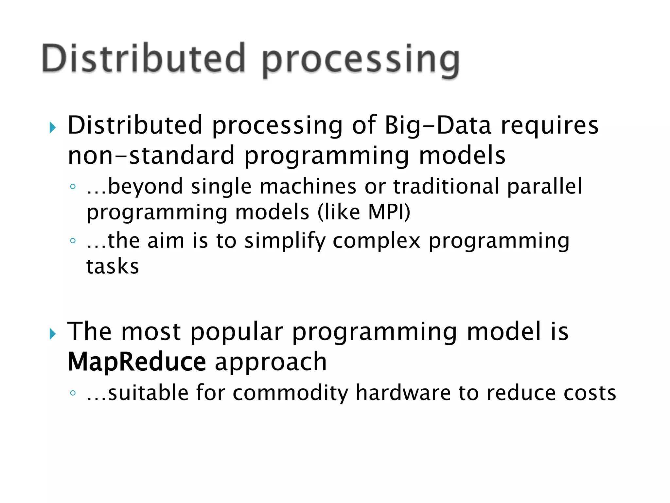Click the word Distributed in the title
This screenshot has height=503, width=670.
click(x=143, y=58)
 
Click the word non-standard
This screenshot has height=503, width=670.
click(x=151, y=155)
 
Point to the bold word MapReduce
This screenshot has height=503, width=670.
click(x=137, y=362)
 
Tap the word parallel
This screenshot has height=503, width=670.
click(x=545, y=187)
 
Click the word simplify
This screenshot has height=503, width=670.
click(x=285, y=241)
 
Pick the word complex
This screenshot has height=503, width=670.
click(x=376, y=241)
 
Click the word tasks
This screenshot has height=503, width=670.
click(x=113, y=266)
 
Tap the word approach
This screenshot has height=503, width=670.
click(x=271, y=363)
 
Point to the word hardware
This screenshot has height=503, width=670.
click(x=403, y=393)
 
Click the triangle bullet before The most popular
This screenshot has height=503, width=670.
click(x=53, y=334)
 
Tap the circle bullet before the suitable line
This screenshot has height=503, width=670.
click(x=73, y=393)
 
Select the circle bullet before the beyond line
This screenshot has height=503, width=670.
click(x=73, y=187)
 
